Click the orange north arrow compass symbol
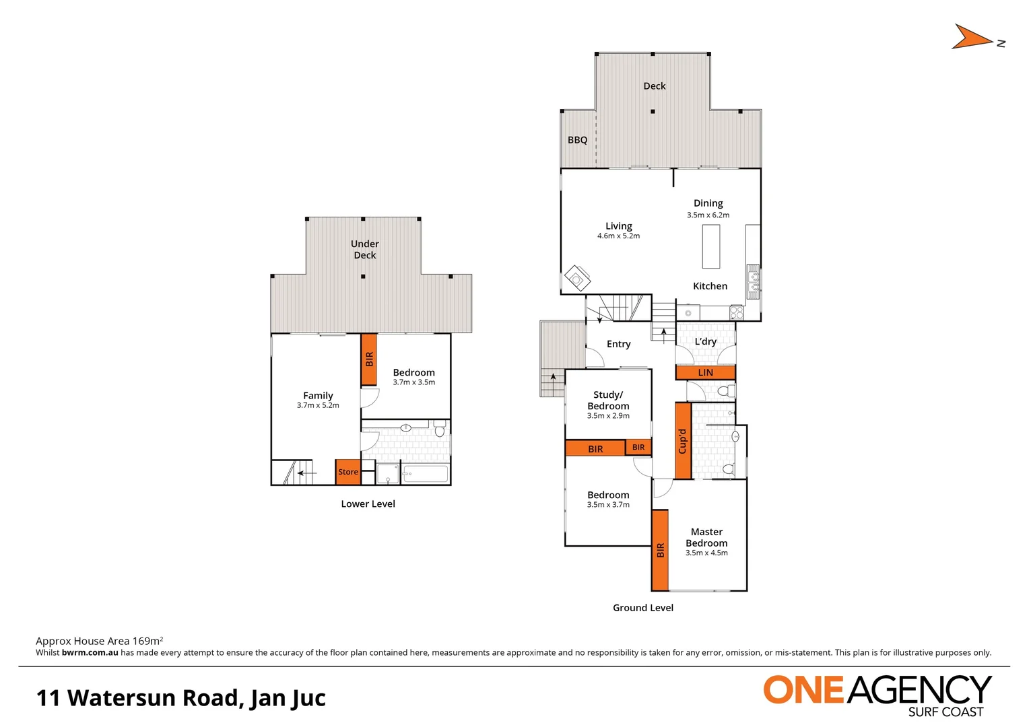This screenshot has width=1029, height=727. point(972,38)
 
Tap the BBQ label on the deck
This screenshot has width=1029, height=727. point(577,140)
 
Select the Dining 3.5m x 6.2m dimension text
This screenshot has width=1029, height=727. point(708,215)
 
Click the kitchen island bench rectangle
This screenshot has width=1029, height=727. point(710,246)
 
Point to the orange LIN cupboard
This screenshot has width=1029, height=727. point(705,372)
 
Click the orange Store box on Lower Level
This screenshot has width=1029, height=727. point(347,472)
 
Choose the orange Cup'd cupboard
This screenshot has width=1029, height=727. point(683,441)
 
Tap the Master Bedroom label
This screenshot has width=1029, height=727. point(706,537)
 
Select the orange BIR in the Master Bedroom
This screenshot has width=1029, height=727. point(660,550)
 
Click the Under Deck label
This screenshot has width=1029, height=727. point(364,249)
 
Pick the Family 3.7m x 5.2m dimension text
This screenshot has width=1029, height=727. point(318,406)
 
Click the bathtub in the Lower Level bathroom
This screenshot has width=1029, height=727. point(425,474)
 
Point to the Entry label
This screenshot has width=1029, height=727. point(618,344)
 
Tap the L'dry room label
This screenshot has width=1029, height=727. point(705,341)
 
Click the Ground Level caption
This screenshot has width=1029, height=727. point(642,608)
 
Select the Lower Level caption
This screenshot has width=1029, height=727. point(368,504)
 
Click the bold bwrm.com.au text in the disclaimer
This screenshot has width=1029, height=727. point(90,653)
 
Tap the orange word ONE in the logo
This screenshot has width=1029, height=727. point(803,691)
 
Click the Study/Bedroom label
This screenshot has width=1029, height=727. point(608,401)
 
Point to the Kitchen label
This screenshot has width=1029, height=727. point(710,286)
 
